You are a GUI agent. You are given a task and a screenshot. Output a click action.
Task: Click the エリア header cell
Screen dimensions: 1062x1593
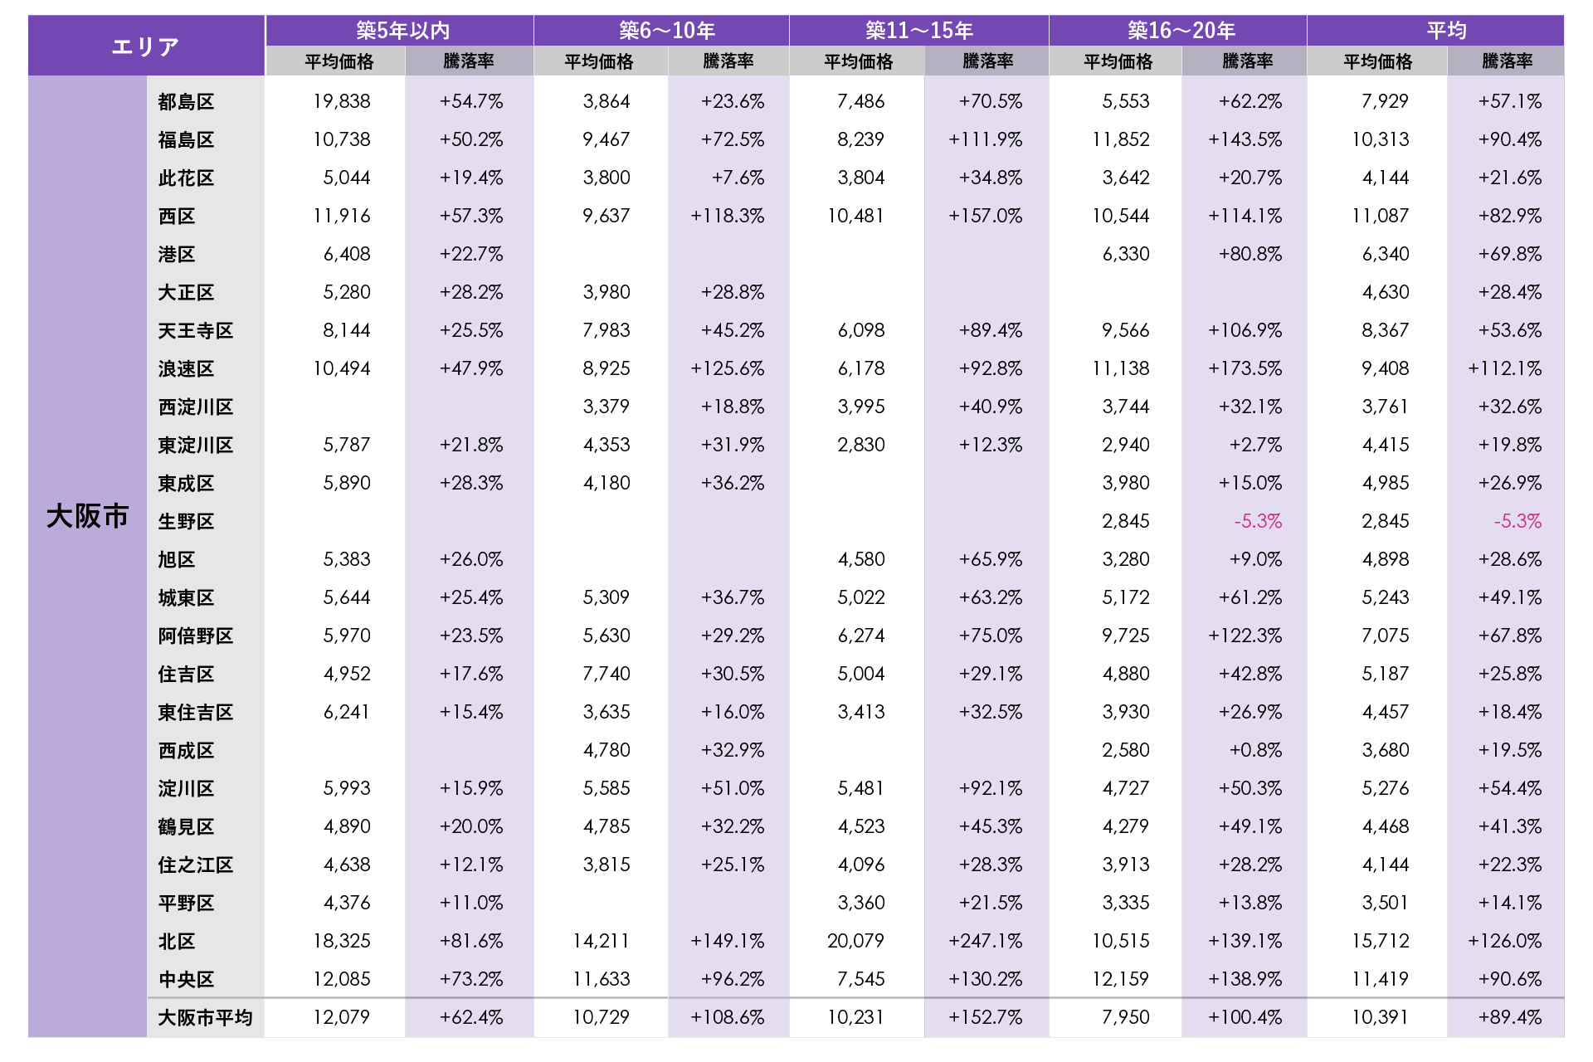coord(146,46)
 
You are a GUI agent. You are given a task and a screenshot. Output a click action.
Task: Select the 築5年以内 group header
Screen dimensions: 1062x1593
coord(402,31)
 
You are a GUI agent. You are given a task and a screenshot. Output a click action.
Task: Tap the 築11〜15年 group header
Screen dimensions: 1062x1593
coord(918,31)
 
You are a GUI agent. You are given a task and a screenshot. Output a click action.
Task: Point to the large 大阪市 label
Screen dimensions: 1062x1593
coord(87,516)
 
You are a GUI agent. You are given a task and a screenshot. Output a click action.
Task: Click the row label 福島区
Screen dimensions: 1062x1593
coord(186,140)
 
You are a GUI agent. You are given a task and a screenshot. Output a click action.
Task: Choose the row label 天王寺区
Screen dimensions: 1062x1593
coord(196,331)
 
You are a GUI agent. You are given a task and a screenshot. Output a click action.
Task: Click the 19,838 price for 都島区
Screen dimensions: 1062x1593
coord(341,101)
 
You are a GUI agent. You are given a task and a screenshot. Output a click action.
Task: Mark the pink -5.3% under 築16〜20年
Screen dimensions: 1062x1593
coord(1258,521)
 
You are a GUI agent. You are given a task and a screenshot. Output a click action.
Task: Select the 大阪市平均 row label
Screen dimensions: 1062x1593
coord(205,1017)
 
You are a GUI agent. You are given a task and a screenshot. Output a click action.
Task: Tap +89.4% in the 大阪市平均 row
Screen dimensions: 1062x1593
coord(1509,1017)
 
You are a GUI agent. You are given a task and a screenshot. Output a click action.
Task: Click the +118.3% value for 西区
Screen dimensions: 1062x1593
coord(727,216)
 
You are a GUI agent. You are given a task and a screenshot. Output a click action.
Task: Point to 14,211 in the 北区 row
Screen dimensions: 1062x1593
coord(601,941)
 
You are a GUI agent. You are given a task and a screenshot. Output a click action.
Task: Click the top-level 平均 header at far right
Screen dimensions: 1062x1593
coord(1446,31)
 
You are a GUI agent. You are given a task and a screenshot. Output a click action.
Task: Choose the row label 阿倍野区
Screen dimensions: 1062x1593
coord(196,636)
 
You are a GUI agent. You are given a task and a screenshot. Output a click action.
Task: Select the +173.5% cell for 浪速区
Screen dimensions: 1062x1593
coord(1245,368)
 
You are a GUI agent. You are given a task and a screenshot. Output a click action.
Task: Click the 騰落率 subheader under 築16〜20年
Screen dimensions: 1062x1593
coord(1247,61)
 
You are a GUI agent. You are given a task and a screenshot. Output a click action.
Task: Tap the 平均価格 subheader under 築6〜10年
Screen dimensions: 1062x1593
coord(598,61)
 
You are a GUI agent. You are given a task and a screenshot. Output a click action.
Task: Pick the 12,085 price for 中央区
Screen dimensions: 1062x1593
coord(341,979)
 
